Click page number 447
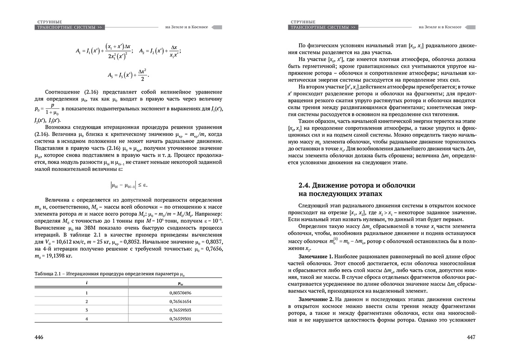[471, 337]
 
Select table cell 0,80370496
[178, 293]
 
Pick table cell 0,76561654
[178, 301]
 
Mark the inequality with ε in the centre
[128, 185]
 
